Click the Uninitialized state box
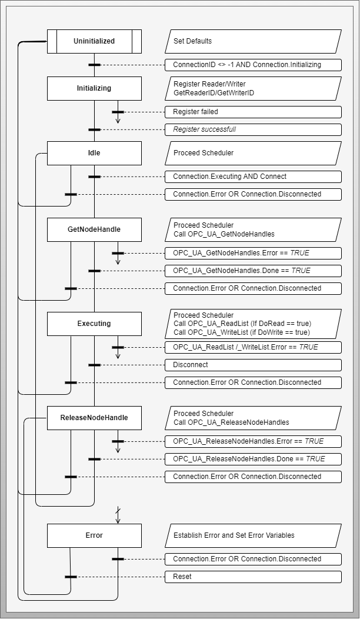click(x=94, y=42)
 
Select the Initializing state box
click(x=94, y=88)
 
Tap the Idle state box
click(x=94, y=153)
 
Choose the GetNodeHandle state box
click(x=94, y=229)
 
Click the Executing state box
click(x=94, y=324)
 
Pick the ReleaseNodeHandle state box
click(x=94, y=418)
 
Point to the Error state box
click(x=94, y=535)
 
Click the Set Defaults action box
click(x=253, y=42)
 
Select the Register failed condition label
click(x=253, y=112)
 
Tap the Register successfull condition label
click(x=253, y=129)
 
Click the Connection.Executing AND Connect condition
click(x=253, y=177)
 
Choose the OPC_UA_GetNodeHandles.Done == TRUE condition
click(x=253, y=271)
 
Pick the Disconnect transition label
click(x=253, y=365)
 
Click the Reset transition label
click(x=253, y=577)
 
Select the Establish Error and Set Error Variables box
click(x=253, y=535)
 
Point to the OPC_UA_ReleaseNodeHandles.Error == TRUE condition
click(x=253, y=441)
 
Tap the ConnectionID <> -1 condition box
click(x=253, y=65)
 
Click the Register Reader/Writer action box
click(x=253, y=88)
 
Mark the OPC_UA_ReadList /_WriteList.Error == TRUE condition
click(x=253, y=347)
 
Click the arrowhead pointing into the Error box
click(x=118, y=520)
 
